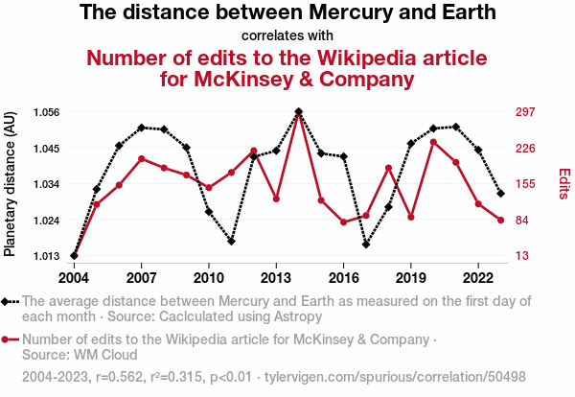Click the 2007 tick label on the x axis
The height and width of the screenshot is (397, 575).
coord(141,277)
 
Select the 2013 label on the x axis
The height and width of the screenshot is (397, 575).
coord(276,277)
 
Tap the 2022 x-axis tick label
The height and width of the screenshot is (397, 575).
coord(478,277)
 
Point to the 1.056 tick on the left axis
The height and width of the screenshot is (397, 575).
coord(46,112)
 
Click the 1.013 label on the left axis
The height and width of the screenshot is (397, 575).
coord(46,256)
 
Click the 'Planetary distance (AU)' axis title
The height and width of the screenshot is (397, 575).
coord(11,184)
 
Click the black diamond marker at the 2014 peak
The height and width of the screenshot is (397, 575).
coord(299,112)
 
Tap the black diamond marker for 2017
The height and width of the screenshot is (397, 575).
coord(366,245)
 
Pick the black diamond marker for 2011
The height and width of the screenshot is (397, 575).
coord(231,241)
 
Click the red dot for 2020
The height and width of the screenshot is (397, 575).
coord(433,142)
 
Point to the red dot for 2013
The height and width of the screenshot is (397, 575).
coord(276,198)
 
